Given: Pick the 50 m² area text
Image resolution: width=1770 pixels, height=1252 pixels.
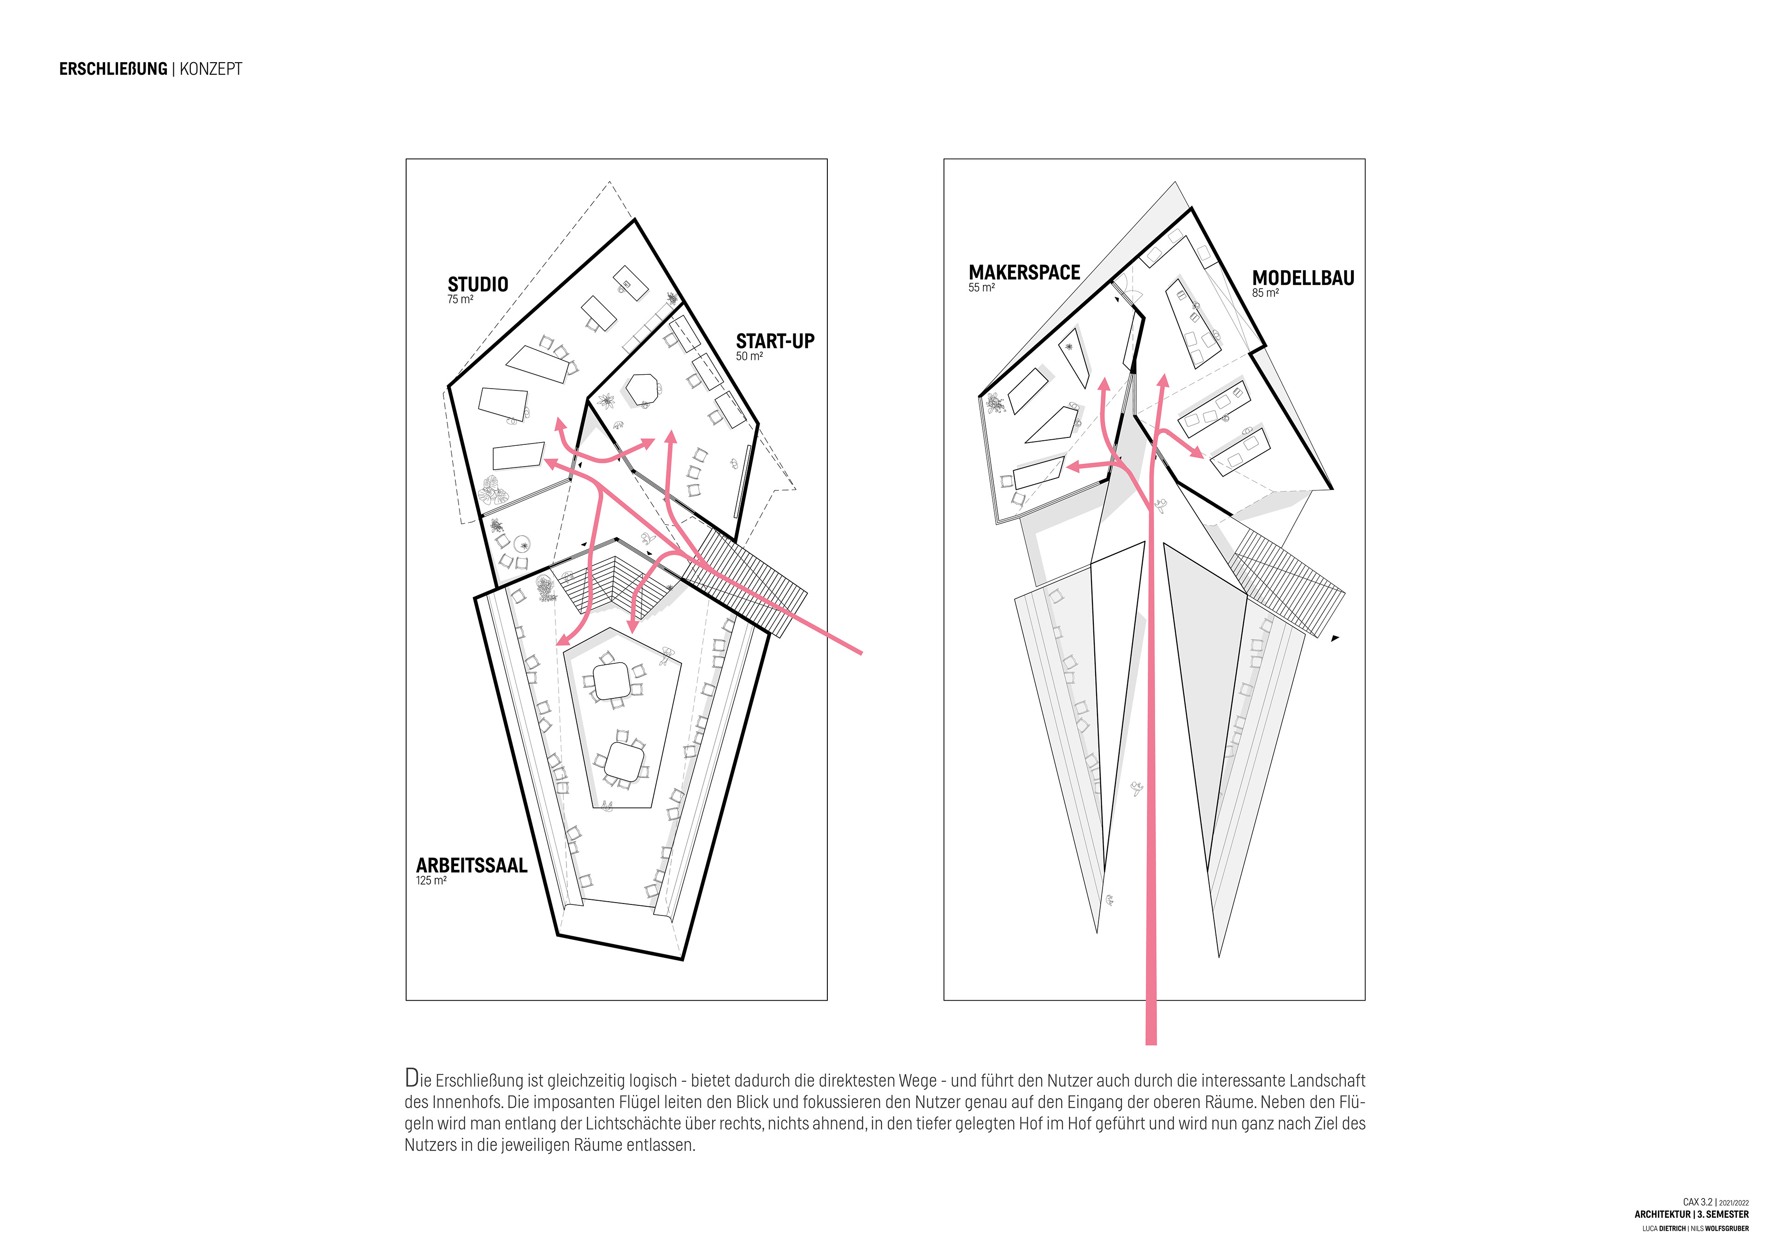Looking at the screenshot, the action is click(x=749, y=356).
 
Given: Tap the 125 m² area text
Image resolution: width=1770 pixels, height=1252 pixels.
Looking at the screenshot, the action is click(x=431, y=880).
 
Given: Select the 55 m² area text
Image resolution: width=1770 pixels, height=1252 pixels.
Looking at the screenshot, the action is click(x=981, y=288).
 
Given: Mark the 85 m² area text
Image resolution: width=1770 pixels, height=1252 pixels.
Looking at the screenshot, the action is click(x=1265, y=293).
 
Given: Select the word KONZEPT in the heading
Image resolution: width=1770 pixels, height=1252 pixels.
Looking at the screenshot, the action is click(x=211, y=70).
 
